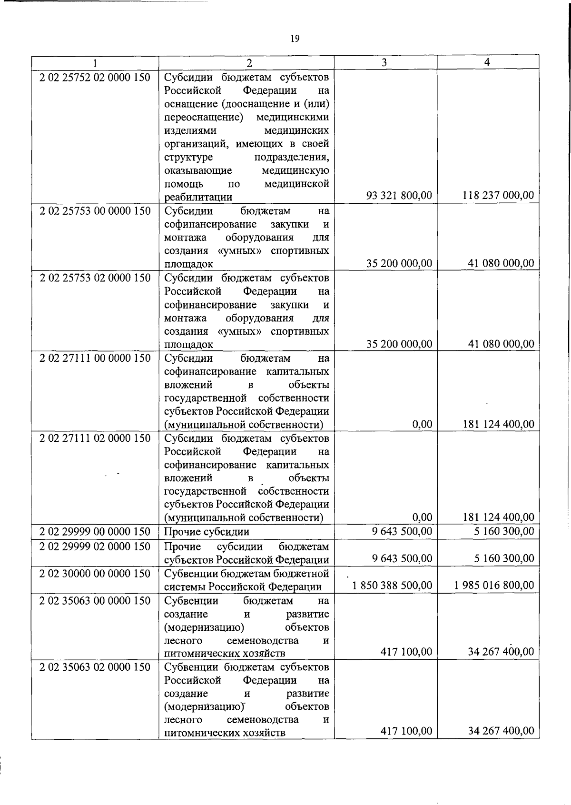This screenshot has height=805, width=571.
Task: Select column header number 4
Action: point(487,62)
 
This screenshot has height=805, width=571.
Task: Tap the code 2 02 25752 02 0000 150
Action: point(95,77)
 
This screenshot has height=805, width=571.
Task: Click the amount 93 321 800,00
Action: point(399,195)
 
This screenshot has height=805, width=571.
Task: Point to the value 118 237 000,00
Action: point(498,195)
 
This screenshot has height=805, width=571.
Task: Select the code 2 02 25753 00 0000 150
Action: point(95,210)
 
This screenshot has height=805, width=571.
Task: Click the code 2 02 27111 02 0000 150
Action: point(95,438)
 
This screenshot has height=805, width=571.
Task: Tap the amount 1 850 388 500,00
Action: point(392,585)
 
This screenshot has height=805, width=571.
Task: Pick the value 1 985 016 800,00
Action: point(494,585)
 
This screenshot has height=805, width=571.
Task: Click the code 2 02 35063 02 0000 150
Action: point(95,667)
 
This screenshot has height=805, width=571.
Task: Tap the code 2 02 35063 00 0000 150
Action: point(95,601)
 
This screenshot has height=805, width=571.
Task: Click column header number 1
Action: point(95,62)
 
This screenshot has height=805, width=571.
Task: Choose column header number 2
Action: point(248,62)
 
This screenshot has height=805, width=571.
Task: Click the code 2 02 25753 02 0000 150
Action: point(95,278)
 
